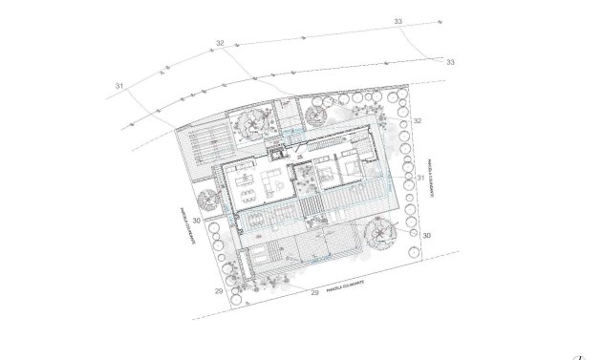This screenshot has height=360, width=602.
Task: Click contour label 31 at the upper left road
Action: coord(119,87)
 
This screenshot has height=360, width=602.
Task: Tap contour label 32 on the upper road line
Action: coord(220,43)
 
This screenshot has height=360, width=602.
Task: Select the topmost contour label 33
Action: coord(398,21)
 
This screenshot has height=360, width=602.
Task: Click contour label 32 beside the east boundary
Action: coord(418,120)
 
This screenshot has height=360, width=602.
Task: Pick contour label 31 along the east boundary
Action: coord(420,178)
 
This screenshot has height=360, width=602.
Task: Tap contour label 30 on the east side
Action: coord(426,234)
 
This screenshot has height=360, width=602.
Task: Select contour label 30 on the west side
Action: coord(195,221)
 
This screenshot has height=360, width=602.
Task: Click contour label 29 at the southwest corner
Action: coord(219,290)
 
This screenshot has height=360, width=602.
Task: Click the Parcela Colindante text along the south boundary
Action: coord(347,284)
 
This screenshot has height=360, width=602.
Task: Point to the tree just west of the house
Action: coord(206,201)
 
